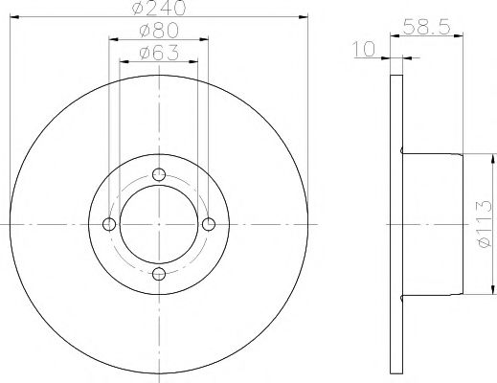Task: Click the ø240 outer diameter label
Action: [159, 8]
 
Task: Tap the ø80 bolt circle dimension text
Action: [159, 31]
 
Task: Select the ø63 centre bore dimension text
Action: [159, 53]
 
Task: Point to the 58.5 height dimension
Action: [426, 27]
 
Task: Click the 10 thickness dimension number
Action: [364, 49]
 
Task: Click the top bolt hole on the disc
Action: [159, 174]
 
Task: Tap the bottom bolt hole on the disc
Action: [159, 274]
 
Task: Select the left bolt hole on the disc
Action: [109, 224]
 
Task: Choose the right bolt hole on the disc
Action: [209, 224]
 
